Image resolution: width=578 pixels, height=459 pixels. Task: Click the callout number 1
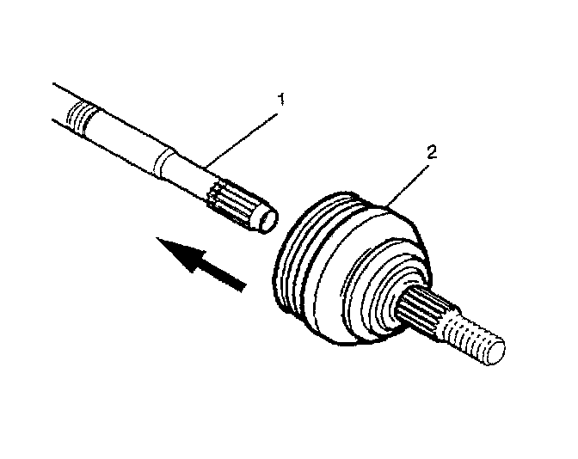277,101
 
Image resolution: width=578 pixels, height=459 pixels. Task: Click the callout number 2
433,153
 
